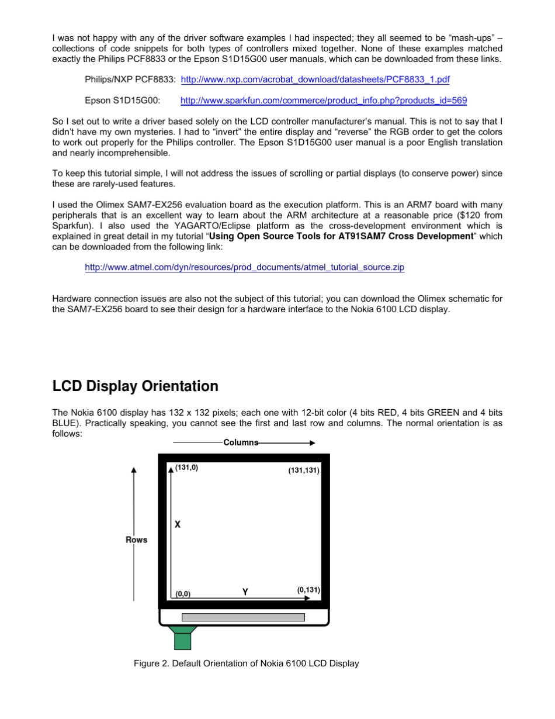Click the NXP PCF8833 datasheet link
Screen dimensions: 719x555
(315, 79)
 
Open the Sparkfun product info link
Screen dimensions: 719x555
(323, 101)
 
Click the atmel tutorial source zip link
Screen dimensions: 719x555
(244, 267)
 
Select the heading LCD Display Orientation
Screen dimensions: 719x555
(135, 386)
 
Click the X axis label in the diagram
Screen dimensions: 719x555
(178, 524)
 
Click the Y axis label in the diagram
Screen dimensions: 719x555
(245, 592)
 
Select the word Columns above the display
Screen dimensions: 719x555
(241, 443)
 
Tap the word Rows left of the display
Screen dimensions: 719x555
(137, 540)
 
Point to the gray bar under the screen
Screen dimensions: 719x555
(243, 617)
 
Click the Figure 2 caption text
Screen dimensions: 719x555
(246, 663)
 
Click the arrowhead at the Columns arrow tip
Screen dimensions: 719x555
(312, 443)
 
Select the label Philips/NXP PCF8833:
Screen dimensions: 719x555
(130, 79)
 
